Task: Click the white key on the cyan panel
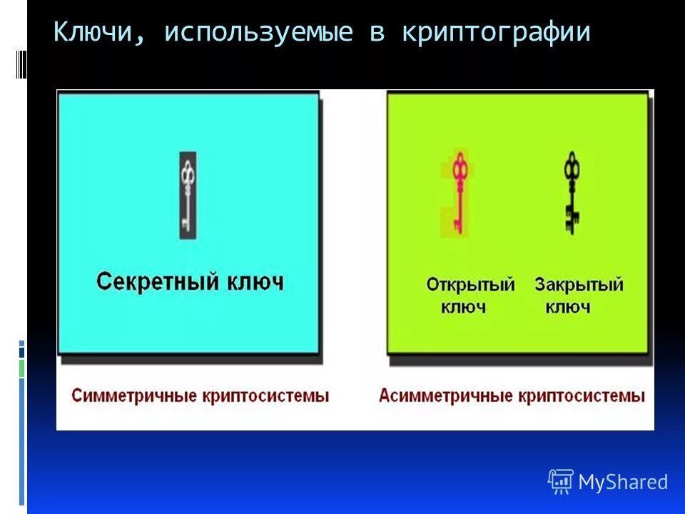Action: point(188,195)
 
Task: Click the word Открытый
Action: point(470,285)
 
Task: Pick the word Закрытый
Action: point(579,285)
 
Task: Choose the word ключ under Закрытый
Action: point(568,308)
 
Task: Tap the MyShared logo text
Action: point(623,483)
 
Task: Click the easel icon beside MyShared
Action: point(561,482)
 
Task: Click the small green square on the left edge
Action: point(21,369)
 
